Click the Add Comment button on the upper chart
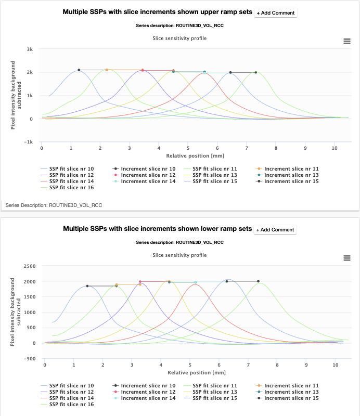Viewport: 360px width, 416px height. (276, 12)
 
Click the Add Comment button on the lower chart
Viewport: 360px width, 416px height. (276, 229)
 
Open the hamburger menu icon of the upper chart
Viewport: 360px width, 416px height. (347, 41)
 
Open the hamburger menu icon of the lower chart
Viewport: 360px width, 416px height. (347, 258)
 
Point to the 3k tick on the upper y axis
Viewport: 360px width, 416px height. (30, 49)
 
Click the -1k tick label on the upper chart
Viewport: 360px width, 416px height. (29, 142)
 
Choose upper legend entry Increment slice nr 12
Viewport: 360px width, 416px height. (148, 175)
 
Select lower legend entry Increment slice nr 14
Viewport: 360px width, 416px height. (148, 398)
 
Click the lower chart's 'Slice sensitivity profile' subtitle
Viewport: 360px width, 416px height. (179, 255)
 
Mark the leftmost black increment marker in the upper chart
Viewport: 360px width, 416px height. (79, 70)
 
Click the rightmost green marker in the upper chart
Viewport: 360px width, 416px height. (255, 72)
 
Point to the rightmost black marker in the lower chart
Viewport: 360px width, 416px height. (258, 281)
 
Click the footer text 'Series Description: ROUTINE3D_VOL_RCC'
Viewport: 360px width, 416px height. (54, 205)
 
